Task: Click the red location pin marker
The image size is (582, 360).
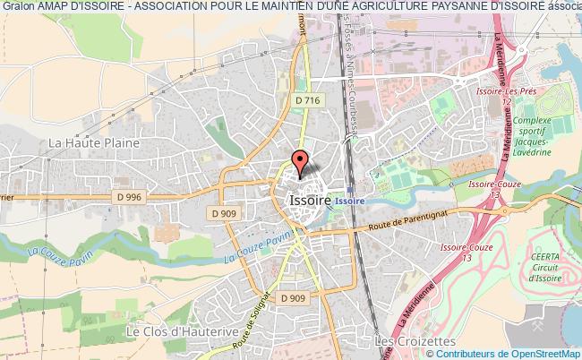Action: tap(300, 161)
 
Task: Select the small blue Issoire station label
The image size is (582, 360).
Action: tap(351, 201)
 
